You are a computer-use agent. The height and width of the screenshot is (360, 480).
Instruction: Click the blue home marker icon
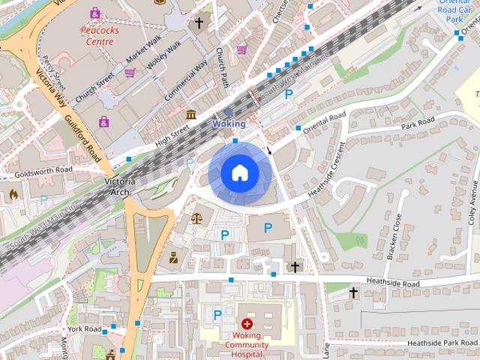tap(239, 173)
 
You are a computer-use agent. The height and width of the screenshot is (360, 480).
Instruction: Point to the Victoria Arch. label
tap(120, 187)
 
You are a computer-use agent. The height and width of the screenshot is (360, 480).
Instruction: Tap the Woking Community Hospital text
tap(247, 346)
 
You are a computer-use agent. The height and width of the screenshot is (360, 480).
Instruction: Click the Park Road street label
tap(418, 124)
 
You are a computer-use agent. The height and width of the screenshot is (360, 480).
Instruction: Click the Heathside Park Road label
tap(442, 343)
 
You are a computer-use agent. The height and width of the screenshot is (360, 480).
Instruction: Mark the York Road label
tap(83, 329)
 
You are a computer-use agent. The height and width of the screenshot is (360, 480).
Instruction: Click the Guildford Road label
tap(82, 139)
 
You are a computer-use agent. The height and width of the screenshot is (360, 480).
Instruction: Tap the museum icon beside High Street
tap(191, 115)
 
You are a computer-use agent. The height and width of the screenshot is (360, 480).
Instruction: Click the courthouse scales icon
tap(197, 218)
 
